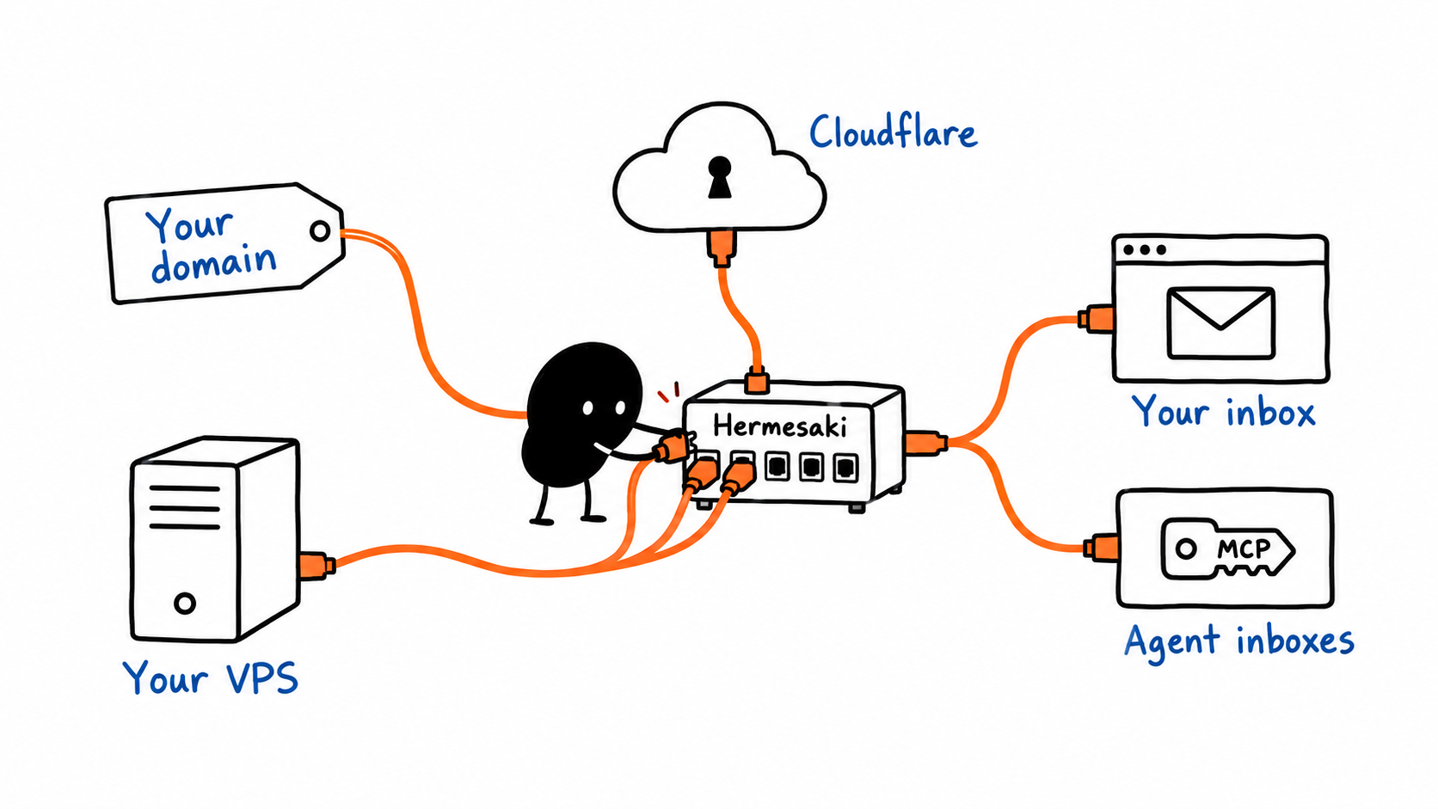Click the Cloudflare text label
(x=893, y=132)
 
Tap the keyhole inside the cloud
(x=720, y=177)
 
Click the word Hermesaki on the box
(x=780, y=426)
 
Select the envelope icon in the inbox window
(x=1220, y=322)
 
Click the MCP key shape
(x=1226, y=549)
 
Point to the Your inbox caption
(x=1224, y=411)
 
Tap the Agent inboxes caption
(x=1239, y=641)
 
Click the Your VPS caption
(x=211, y=677)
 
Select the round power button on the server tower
(x=185, y=603)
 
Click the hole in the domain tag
(x=320, y=231)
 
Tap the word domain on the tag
(x=214, y=263)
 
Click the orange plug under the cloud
(x=722, y=248)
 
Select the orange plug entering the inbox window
(x=1096, y=318)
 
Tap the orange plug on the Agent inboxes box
(x=1101, y=548)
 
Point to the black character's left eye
(x=587, y=408)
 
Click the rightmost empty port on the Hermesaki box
(x=845, y=467)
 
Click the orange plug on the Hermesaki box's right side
(x=925, y=444)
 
